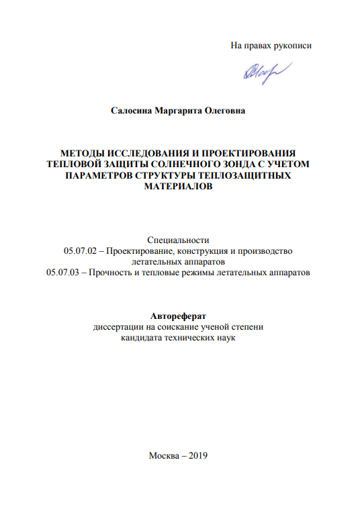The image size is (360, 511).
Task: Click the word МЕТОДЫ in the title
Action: tap(81, 152)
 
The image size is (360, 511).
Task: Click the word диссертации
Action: tap(118, 328)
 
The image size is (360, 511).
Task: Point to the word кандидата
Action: tap(141, 338)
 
